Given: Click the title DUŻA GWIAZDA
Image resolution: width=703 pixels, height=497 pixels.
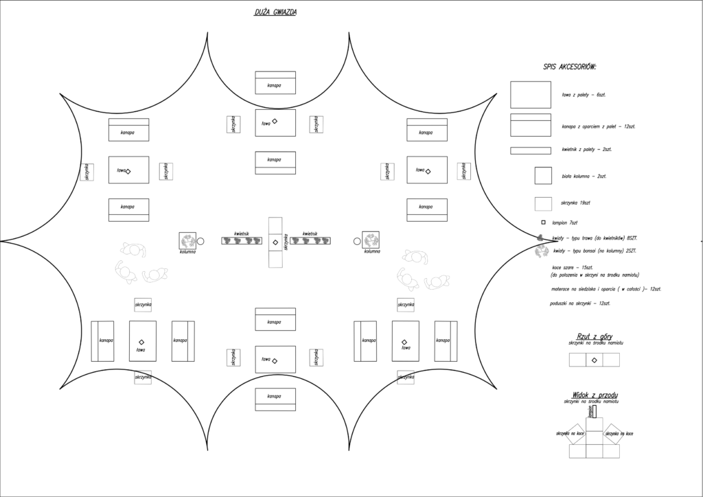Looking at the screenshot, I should [x=275, y=12].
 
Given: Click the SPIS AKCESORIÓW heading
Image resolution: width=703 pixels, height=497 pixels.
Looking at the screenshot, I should [x=569, y=67].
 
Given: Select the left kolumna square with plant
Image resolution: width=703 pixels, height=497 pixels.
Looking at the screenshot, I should [x=188, y=240].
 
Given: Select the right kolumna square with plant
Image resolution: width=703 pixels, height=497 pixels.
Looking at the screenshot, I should [x=371, y=240].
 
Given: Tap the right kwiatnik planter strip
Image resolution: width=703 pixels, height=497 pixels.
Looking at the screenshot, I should [x=311, y=241].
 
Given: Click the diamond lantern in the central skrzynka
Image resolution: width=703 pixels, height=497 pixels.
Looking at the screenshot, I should [x=275, y=243].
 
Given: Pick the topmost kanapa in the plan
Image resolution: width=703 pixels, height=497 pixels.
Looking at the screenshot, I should [x=275, y=82].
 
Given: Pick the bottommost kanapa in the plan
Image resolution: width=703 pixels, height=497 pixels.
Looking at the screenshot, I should [x=275, y=397].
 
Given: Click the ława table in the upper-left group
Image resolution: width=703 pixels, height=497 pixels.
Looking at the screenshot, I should [x=128, y=170].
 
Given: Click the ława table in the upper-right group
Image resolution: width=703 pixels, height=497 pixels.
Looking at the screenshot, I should [x=426, y=170].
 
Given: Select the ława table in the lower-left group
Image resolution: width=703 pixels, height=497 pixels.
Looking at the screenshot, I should [x=142, y=341].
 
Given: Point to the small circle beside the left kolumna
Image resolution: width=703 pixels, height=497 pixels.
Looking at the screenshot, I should [x=201, y=241].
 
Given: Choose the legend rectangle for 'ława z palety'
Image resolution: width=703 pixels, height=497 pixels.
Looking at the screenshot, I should [x=530, y=95].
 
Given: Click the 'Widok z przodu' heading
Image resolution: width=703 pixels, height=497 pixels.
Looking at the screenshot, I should [x=595, y=395].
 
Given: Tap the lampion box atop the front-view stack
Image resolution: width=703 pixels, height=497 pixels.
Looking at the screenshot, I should [x=595, y=411].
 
